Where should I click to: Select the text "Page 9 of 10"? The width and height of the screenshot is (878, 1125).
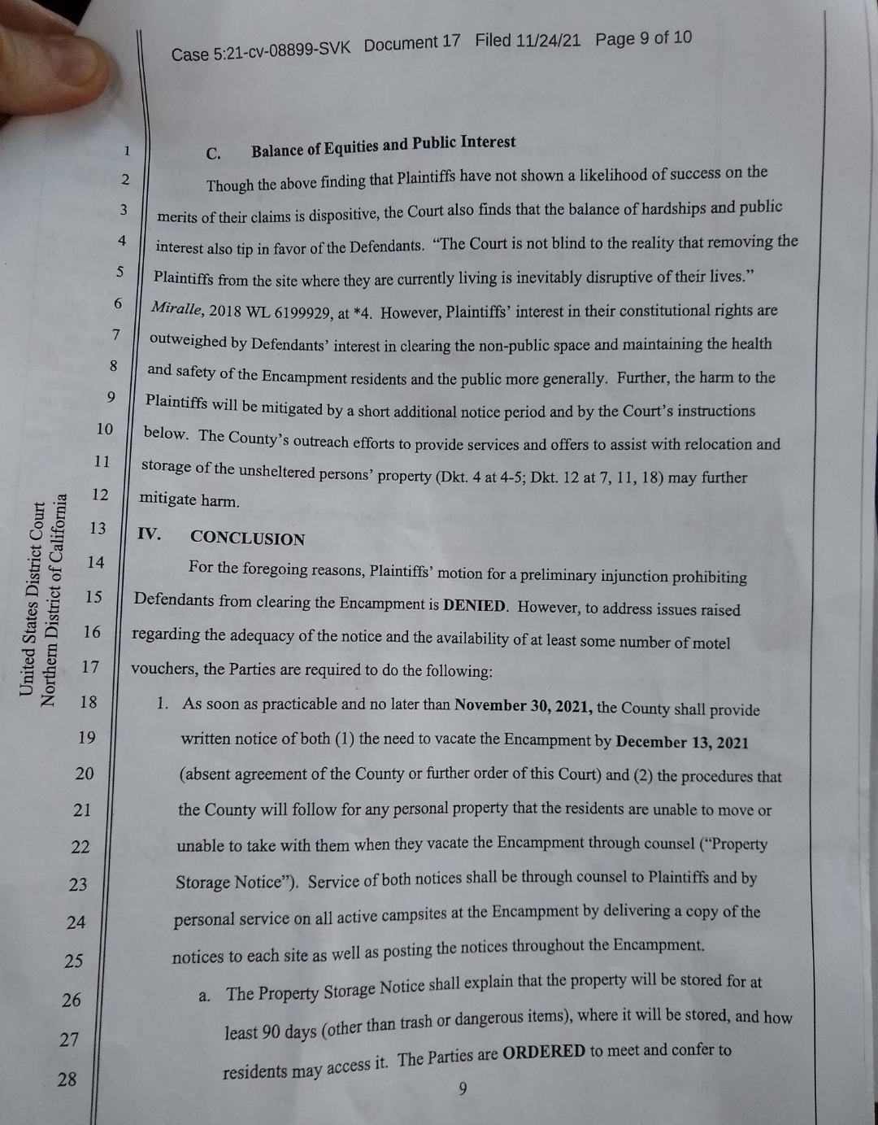point(643,38)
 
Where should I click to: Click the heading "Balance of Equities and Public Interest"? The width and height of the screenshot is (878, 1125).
point(383,146)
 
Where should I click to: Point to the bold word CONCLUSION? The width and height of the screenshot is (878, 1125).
point(248,539)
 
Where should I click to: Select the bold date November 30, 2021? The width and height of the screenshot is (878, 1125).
point(524,705)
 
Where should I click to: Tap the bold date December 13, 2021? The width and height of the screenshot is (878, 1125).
point(682,742)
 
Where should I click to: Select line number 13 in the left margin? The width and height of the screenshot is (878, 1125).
point(98,529)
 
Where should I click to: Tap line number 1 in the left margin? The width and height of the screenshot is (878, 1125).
point(127,150)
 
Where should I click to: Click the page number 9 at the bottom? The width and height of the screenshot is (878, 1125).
point(463,1089)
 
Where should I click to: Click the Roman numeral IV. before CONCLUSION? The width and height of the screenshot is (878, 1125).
point(150,534)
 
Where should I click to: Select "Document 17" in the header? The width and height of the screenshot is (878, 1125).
point(411,44)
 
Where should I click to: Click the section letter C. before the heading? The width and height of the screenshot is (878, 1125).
point(214,154)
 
